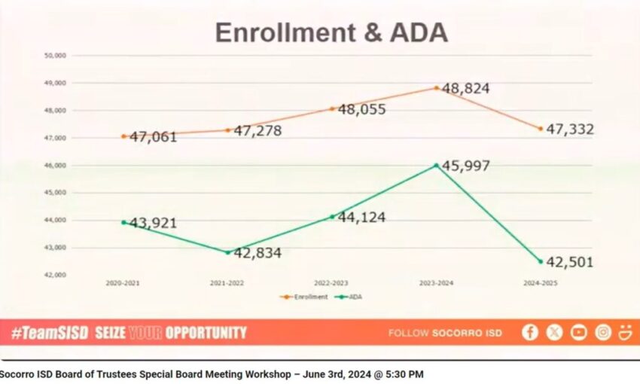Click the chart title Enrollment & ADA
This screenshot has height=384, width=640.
coord(331,32)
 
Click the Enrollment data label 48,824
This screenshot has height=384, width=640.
coord(466,89)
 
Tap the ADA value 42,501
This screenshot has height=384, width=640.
coord(570,263)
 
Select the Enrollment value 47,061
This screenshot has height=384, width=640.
coord(154,137)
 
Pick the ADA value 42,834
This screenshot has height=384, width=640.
coord(258,254)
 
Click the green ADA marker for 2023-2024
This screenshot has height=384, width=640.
coord(436,166)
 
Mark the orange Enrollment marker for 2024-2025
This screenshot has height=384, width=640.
coord(541,129)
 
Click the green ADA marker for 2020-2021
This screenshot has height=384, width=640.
coord(123,222)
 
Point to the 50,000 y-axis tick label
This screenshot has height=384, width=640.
coord(56,56)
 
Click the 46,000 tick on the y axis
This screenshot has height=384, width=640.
coord(56,166)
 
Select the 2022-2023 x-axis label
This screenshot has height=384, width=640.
coord(332,283)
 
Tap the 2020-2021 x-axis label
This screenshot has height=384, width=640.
coord(123,283)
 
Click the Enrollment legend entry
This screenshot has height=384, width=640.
coord(305,297)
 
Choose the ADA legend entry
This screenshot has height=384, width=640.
coord(349,297)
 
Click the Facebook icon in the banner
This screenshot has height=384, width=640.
coord(530,332)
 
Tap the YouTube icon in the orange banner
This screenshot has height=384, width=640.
coord(578,332)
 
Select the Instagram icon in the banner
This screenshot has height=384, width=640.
coord(602,332)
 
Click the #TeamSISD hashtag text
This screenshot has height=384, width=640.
coord(50,332)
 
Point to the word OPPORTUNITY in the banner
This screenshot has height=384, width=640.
coord(206,332)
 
